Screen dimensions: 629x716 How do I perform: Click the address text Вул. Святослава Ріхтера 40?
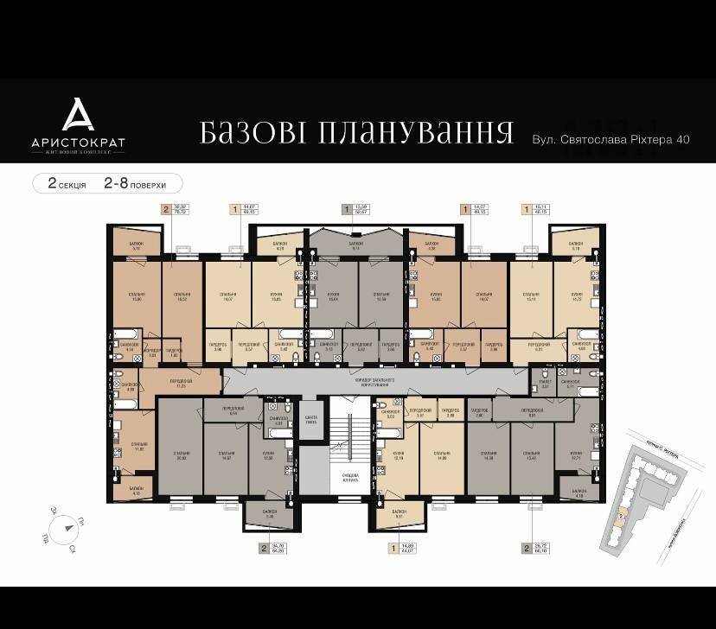click(x=611, y=139)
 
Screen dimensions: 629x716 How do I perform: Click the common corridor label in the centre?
click(x=376, y=379)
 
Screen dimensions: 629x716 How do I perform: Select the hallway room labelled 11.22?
click(x=182, y=383)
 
